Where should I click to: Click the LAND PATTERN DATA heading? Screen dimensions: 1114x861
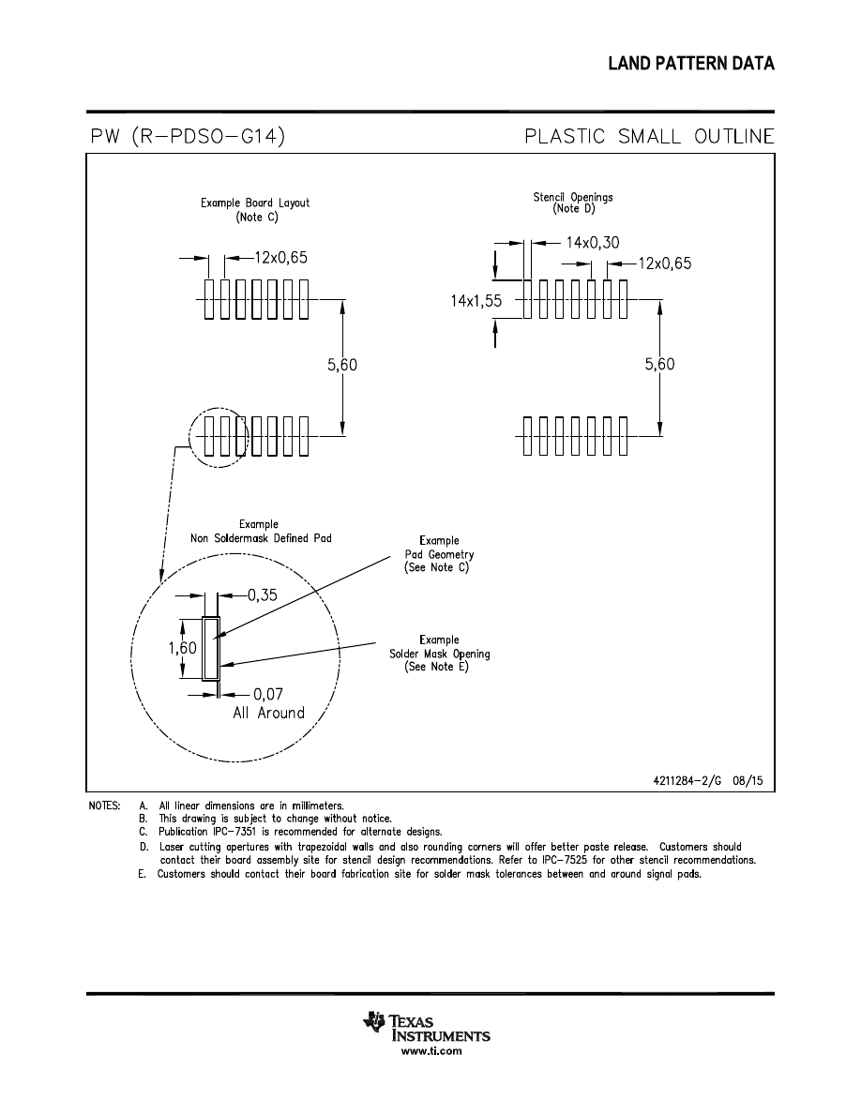[690, 64]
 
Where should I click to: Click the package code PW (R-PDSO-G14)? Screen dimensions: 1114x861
[188, 137]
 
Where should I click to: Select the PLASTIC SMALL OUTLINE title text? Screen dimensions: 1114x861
[649, 137]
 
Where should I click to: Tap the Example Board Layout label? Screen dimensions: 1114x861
[255, 203]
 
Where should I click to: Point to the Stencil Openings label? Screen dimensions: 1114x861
[573, 197]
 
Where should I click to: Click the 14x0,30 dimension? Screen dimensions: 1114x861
[593, 242]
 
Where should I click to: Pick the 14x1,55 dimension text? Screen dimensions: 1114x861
[476, 301]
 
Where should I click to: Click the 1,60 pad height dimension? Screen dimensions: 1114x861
[183, 648]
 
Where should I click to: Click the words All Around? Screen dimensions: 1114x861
[268, 713]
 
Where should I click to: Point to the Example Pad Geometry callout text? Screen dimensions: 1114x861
[439, 554]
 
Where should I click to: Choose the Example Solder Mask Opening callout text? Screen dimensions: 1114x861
[439, 654]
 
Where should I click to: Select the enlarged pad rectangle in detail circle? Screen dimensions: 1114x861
[211, 648]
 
